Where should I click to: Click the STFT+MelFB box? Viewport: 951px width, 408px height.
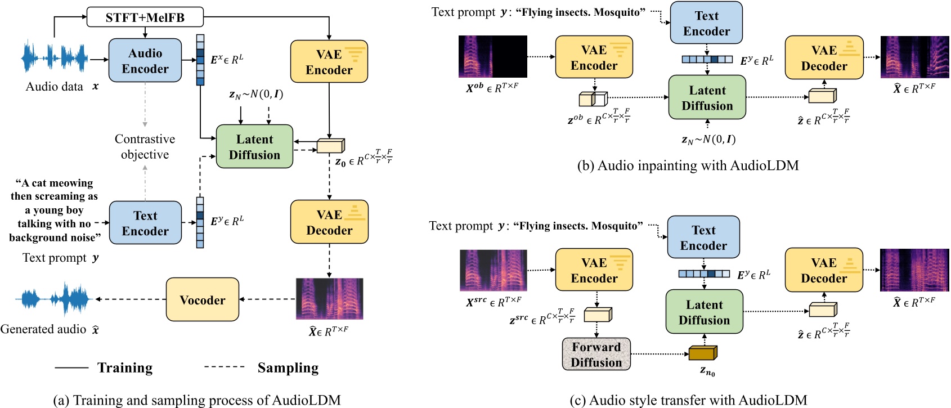pyautogui.click(x=145, y=17)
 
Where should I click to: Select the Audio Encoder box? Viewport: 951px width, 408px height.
pyautogui.click(x=145, y=61)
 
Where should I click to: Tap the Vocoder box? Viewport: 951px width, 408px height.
pyautogui.click(x=202, y=299)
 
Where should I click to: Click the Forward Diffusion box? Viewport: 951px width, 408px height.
pyautogui.click(x=596, y=355)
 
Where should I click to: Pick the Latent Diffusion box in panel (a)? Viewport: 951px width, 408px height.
pyautogui.click(x=254, y=147)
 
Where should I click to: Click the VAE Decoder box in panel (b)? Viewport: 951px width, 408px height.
pyautogui.click(x=824, y=57)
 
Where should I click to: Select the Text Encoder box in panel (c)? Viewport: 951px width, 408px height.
pyautogui.click(x=703, y=237)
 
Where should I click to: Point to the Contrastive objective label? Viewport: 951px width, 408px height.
pyautogui.click(x=145, y=146)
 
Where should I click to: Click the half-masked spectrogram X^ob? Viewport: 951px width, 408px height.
pyautogui.click(x=492, y=56)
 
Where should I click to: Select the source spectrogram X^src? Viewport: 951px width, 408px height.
pyautogui.click(x=493, y=270)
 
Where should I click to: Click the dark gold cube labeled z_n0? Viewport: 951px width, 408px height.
pyautogui.click(x=703, y=353)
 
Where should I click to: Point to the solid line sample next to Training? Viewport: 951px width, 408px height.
pyautogui.click(x=71, y=367)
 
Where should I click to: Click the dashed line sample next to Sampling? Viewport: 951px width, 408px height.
pyautogui.click(x=224, y=367)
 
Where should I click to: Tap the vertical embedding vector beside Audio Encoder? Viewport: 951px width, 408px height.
pyautogui.click(x=200, y=60)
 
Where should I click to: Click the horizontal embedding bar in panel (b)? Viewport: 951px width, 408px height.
pyautogui.click(x=707, y=59)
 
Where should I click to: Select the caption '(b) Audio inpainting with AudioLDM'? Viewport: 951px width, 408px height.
pyautogui.click(x=688, y=165)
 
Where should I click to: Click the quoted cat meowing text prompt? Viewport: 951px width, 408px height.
pyautogui.click(x=55, y=210)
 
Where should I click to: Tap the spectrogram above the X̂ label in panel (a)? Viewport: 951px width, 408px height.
pyautogui.click(x=329, y=299)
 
